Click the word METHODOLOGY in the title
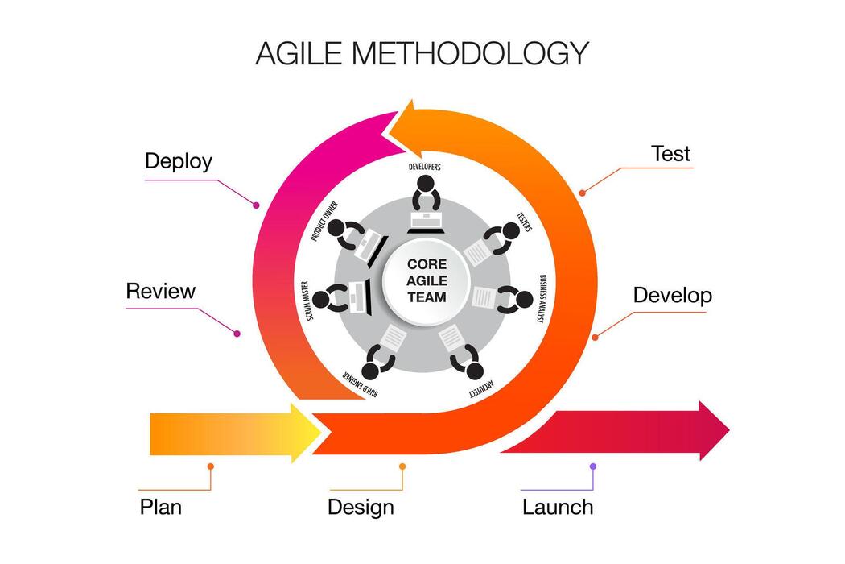point(470,53)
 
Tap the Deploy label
point(179,161)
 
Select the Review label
point(160,291)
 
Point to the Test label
point(670,153)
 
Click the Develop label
point(672,295)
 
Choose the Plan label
point(161,507)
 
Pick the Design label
point(361,508)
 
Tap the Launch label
point(558,508)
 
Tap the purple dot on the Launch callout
point(593,467)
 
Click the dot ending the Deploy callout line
point(256,205)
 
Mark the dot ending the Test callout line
point(582,192)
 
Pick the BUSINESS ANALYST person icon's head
point(524,300)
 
